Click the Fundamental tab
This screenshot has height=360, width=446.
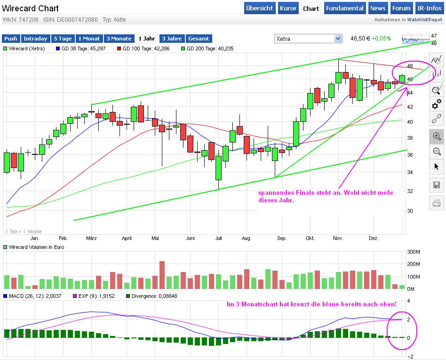tap(345, 8)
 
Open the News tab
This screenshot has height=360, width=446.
tap(377, 8)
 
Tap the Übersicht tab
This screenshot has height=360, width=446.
tap(259, 8)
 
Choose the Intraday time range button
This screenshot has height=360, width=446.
tap(35, 39)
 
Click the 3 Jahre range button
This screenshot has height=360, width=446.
tap(172, 39)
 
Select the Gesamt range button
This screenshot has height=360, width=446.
tap(199, 39)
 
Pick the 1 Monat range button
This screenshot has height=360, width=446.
tap(89, 39)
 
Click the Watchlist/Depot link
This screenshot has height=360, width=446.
tap(424, 20)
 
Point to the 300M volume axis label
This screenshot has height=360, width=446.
tap(414, 252)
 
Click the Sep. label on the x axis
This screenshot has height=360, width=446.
tap(281, 238)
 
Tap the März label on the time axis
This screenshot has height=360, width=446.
tap(92, 238)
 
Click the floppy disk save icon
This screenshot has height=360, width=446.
tap(437, 185)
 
